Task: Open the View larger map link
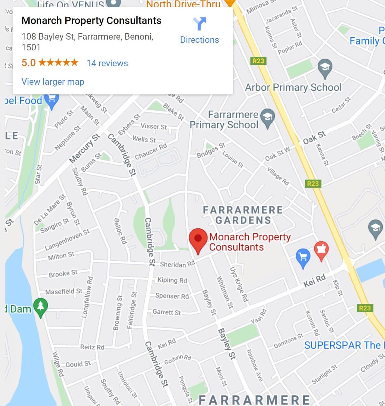pos(53,81)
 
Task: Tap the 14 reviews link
pos(107,63)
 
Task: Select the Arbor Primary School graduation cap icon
pos(325,68)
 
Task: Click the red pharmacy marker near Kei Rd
pos(321,250)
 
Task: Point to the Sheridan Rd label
pos(177,264)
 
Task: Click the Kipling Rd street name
pos(172,280)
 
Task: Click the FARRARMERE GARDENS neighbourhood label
pos(243,215)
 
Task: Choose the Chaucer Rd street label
pos(151,151)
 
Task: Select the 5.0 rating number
pos(28,63)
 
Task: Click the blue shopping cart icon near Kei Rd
pos(303,257)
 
